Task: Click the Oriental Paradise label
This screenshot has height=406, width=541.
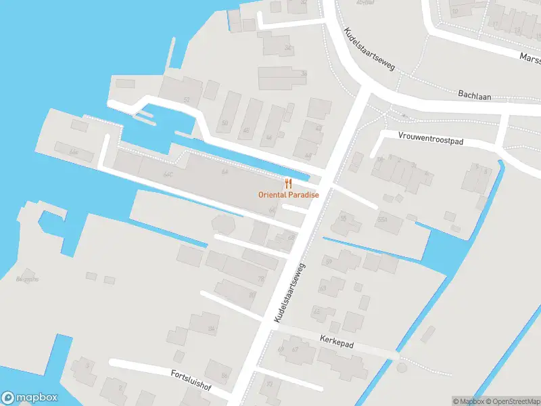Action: coord(288,195)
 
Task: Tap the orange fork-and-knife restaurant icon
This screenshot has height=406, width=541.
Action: coord(288,183)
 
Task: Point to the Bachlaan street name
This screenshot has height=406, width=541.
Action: coord(473,95)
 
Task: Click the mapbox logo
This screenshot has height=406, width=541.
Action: coord(30,398)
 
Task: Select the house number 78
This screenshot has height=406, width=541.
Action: coord(261,279)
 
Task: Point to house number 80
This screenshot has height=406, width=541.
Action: coord(252,294)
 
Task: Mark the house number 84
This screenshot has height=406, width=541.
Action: coord(211,330)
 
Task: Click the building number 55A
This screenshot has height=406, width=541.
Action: coord(382,220)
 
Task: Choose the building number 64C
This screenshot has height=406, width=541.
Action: coord(168,174)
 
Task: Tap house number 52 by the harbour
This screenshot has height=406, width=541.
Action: coord(186,99)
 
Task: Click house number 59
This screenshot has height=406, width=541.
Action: coord(329,261)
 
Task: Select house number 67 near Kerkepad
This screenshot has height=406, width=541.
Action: coord(294,350)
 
